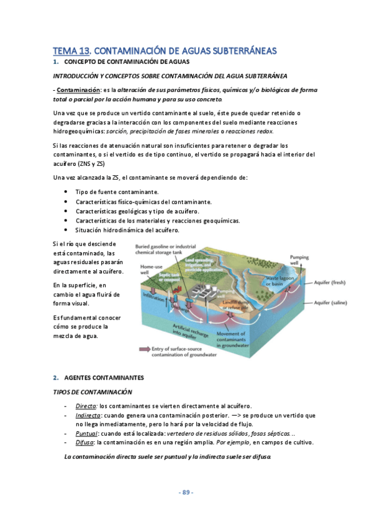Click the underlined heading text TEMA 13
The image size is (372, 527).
pyautogui.click(x=72, y=50)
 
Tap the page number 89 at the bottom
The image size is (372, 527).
pyautogui.click(x=186, y=492)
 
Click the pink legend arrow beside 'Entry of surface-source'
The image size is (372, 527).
pyautogui.click(x=143, y=350)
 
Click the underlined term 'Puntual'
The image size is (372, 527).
pyautogui.click(x=86, y=433)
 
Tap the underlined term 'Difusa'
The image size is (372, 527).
pyautogui.click(x=84, y=442)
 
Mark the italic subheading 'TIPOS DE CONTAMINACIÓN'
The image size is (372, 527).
pyautogui.click(x=93, y=392)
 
